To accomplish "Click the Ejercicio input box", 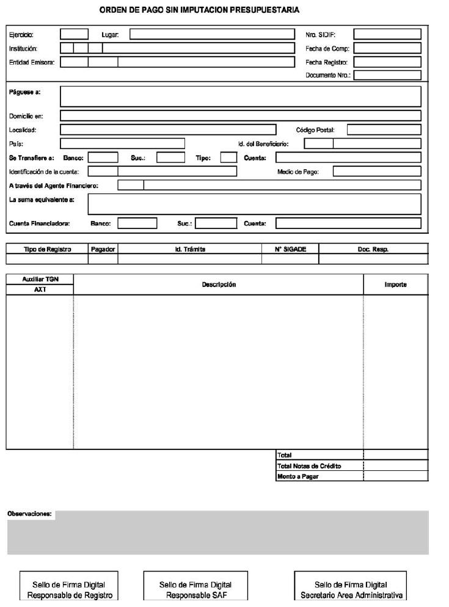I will click(x=74, y=34).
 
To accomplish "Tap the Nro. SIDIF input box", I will click(x=387, y=34).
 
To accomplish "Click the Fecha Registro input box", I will click(x=387, y=62).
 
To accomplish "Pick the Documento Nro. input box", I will click(x=387, y=75).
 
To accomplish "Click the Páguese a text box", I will click(x=241, y=96).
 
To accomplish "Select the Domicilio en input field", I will click(x=241, y=115).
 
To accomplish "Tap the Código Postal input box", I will click(x=384, y=129).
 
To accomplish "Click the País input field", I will click(x=122, y=144).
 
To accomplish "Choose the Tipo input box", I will click(x=228, y=158).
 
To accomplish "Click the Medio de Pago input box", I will click(x=377, y=172).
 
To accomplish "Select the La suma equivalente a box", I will click(x=255, y=204).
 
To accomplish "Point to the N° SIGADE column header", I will click(x=290, y=249).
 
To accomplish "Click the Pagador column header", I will click(x=103, y=249).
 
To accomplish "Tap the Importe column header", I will click(x=396, y=285).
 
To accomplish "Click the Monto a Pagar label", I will click(x=298, y=476).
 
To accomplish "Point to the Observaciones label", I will click(x=29, y=514).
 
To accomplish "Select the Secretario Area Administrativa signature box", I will click(x=351, y=589).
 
